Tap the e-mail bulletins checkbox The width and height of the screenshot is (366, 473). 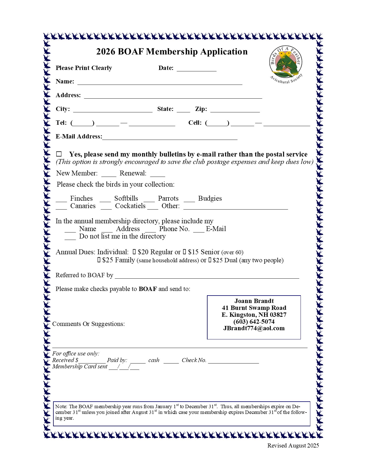[59, 154]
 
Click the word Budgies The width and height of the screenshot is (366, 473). [210, 198]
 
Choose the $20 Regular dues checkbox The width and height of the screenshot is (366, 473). [134, 252]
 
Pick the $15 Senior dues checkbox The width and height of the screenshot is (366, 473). [185, 252]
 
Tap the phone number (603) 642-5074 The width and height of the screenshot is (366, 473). [254, 322]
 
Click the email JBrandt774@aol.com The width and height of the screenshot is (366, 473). [254, 329]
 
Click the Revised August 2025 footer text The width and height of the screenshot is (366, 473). [293, 445]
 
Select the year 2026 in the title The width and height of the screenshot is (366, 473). [106, 52]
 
